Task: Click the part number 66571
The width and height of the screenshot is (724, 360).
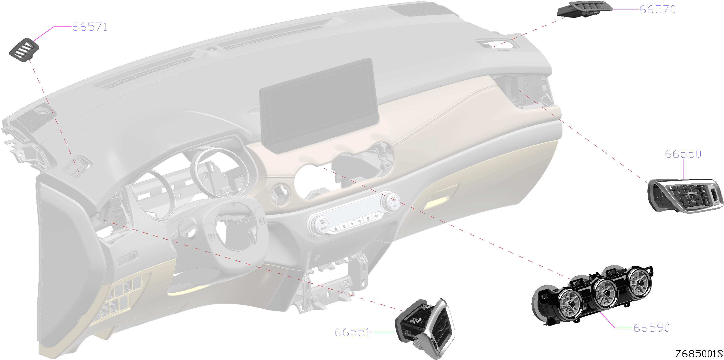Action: click(90, 27)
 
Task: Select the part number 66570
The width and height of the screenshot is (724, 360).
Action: click(657, 9)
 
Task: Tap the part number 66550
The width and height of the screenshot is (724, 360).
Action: click(683, 154)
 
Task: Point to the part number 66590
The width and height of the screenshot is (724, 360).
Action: click(652, 328)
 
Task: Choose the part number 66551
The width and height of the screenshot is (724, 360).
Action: click(352, 332)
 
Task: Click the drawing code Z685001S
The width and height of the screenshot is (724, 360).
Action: click(699, 353)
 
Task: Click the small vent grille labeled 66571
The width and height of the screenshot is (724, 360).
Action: click(24, 50)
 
